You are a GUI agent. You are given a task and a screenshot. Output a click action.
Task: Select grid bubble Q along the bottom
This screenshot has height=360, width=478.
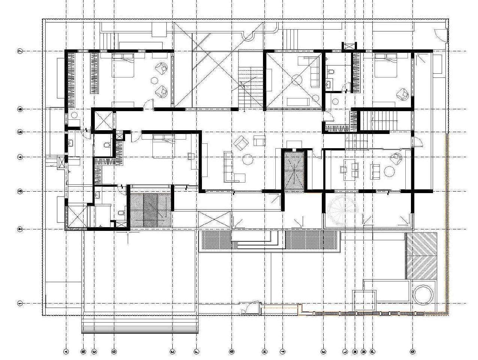(412, 351)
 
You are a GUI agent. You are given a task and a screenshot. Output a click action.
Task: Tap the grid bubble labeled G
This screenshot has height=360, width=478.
(232, 351)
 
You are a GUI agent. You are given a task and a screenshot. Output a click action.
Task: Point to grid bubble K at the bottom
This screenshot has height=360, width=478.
(323, 351)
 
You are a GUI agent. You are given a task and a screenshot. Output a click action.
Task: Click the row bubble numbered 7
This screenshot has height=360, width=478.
(20, 51)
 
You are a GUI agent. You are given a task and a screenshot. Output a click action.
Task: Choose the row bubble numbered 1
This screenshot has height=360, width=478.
(20, 303)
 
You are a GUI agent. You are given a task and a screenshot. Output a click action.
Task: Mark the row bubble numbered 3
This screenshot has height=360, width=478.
(20, 192)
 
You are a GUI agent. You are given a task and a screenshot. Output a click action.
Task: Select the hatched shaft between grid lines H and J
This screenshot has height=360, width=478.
(293, 172)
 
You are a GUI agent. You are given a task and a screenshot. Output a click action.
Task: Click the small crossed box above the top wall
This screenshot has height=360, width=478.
(348, 46)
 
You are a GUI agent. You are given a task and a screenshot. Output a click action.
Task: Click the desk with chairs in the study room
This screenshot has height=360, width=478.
(350, 168)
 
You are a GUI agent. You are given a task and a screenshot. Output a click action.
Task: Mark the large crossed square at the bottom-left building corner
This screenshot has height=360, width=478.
(76, 216)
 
